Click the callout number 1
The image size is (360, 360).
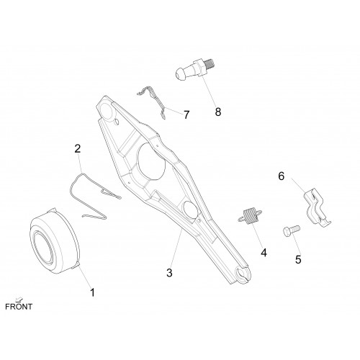coord(92,292)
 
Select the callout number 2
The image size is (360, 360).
coord(78,149)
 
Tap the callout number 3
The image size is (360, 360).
coord(169,273)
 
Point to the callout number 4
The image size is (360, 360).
coord(264,253)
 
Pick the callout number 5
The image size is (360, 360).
coord(298,259)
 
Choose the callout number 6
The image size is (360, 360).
coord(282,176)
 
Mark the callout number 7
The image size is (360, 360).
coord(186,114)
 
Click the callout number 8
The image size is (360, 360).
coord(218,112)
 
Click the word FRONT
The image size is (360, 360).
coord(19,307)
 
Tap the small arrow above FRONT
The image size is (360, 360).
coord(19,299)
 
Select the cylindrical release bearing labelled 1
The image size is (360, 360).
coord(55,241)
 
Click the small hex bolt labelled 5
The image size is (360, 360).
coord(291,230)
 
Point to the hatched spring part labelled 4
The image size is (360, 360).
coord(250,216)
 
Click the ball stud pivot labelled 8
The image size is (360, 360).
coord(194,70)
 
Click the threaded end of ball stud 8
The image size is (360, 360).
coord(210,63)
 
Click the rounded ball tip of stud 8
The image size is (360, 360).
coord(180,74)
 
